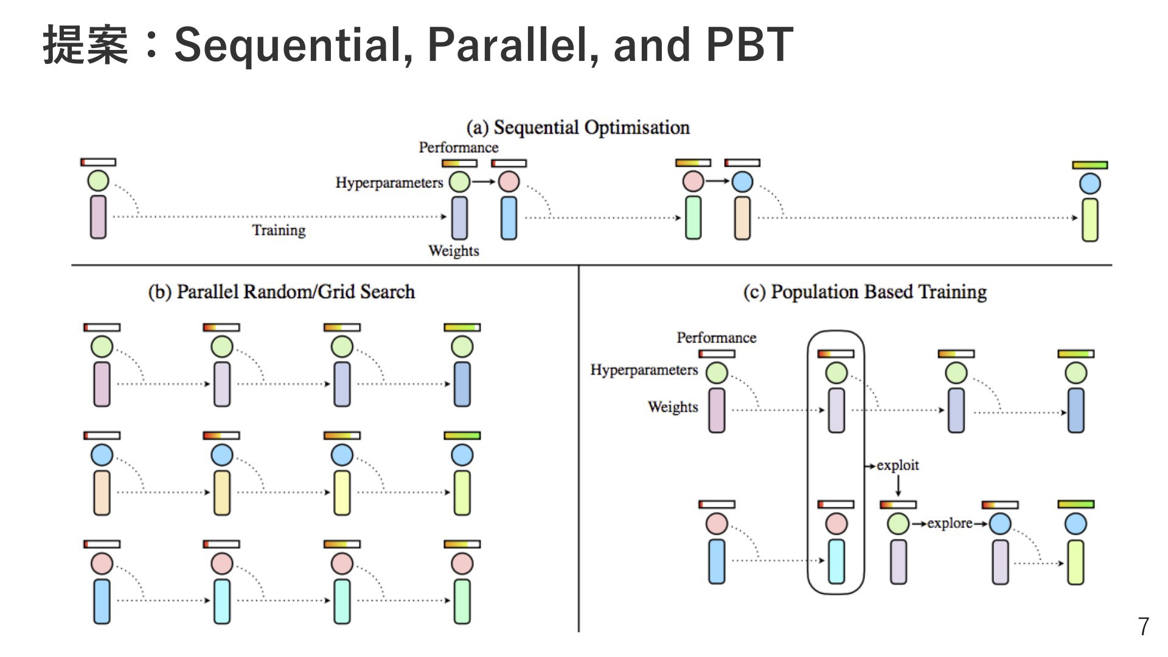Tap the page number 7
[1144, 627]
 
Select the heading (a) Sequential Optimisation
[578, 127]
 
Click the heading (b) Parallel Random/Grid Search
[281, 292]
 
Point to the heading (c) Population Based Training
[864, 292]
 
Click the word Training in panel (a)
[279, 231]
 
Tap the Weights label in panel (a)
[454, 251]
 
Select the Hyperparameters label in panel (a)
[389, 183]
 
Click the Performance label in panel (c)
[717, 338]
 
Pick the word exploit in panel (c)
[898, 465]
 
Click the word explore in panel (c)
[950, 523]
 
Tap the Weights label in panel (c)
[673, 407]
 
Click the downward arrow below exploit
[898, 485]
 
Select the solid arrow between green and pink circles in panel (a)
[484, 181]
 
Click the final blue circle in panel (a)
[1090, 183]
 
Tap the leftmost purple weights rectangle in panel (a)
[98, 217]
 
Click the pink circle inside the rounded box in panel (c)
[836, 523]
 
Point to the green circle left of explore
[898, 523]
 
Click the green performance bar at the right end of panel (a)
[1090, 165]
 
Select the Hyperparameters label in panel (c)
[644, 370]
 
